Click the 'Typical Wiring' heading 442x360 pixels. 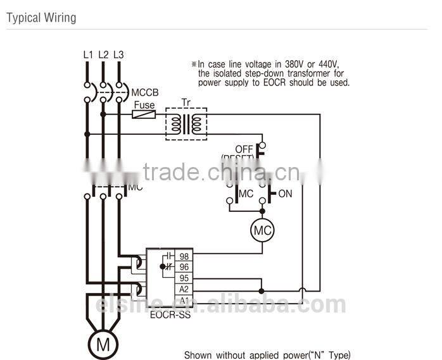[41, 18]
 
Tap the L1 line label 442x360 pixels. [88, 54]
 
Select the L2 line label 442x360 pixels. [103, 54]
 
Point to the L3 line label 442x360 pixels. [118, 54]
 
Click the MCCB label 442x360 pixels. [145, 92]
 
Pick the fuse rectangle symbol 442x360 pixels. [144, 115]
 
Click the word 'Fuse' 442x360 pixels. [144, 104]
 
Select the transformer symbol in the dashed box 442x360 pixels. [186, 123]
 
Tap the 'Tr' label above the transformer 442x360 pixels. [186, 102]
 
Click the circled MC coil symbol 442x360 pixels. [262, 231]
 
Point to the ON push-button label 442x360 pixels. [285, 194]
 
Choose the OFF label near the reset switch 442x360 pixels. [244, 149]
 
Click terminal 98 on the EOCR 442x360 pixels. [184, 256]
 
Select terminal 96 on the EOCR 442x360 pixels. [184, 267]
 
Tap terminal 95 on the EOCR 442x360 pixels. [184, 278]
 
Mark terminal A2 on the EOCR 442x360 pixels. [184, 289]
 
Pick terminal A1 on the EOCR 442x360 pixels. [184, 300]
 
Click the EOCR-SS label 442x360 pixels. [170, 314]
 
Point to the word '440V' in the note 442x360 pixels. [327, 64]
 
